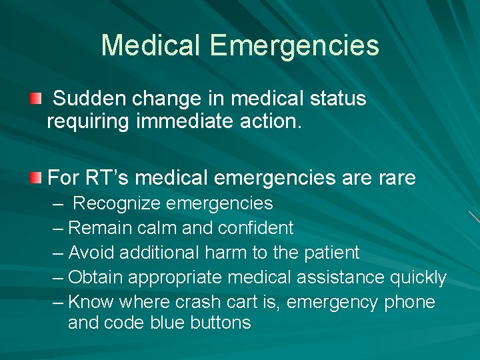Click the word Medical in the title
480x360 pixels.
151,46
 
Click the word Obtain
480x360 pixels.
95,277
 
